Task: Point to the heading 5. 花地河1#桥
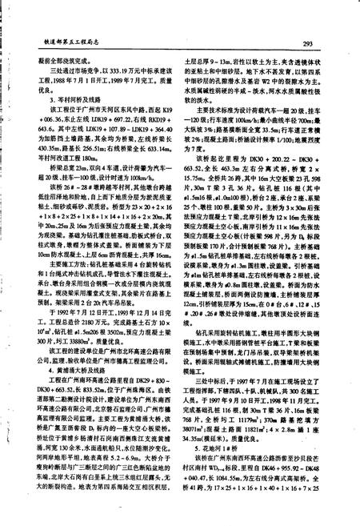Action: click(x=211, y=452)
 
